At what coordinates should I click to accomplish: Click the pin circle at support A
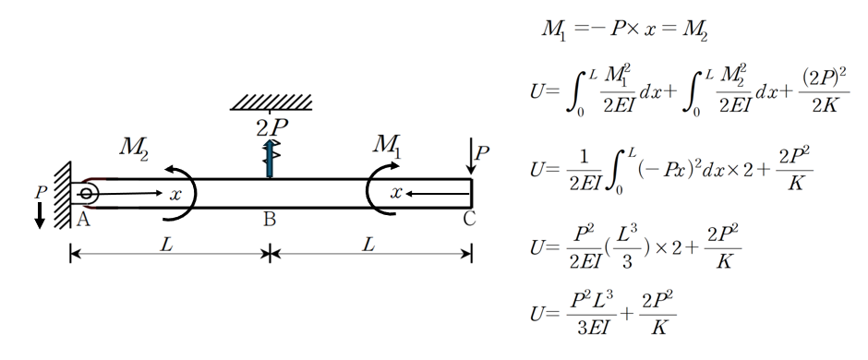(x=86, y=194)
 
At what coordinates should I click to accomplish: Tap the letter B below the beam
(x=270, y=220)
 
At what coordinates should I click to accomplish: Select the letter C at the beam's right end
(x=469, y=220)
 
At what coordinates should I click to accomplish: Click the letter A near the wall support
(x=83, y=220)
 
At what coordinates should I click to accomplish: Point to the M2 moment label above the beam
(x=134, y=148)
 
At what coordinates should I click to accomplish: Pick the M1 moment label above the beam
(x=387, y=146)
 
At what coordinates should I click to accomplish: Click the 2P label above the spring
(x=271, y=128)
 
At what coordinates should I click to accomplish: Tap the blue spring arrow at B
(x=270, y=159)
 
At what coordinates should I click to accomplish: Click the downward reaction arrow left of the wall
(x=40, y=215)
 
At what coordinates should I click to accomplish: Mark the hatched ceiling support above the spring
(x=271, y=102)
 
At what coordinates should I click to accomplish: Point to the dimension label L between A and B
(x=166, y=245)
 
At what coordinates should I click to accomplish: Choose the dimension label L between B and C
(x=369, y=245)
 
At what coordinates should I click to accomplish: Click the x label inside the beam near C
(x=396, y=192)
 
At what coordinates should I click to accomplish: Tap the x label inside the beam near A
(x=175, y=194)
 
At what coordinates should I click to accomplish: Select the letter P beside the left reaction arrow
(x=41, y=192)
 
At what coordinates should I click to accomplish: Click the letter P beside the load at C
(x=482, y=152)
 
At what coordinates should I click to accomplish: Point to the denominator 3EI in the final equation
(x=593, y=328)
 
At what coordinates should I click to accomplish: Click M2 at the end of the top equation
(x=694, y=30)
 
